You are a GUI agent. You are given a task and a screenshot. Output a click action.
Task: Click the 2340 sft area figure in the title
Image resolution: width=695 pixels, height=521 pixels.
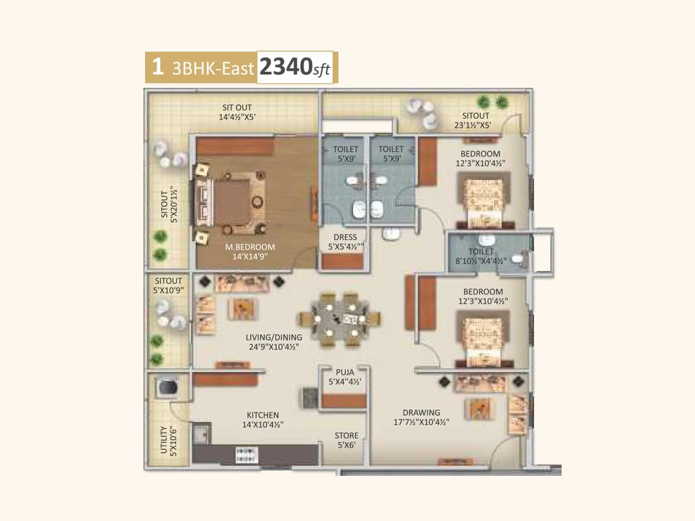pyautogui.click(x=295, y=67)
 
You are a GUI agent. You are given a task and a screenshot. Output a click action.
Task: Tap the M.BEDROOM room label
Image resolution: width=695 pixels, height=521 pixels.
pyautogui.click(x=250, y=247)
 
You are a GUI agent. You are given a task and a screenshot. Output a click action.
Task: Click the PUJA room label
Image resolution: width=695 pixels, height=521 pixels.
pyautogui.click(x=345, y=372)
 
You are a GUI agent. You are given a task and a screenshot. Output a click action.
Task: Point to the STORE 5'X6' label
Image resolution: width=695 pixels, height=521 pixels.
pyautogui.click(x=346, y=440)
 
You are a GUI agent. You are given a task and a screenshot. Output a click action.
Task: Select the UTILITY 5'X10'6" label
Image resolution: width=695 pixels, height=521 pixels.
pyautogui.click(x=169, y=440)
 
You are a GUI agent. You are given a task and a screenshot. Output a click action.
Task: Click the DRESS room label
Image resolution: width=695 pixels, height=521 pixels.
pyautogui.click(x=345, y=237)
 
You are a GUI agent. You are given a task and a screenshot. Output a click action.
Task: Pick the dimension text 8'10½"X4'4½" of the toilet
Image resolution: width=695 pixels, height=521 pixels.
pyautogui.click(x=481, y=261)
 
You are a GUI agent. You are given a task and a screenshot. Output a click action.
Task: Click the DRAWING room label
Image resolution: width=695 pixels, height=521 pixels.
pyautogui.click(x=421, y=412)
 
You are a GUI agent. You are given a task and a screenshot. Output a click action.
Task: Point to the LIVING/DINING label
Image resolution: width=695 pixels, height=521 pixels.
pyautogui.click(x=274, y=337)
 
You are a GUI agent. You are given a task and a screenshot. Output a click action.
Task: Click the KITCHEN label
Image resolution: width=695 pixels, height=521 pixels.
pyautogui.click(x=263, y=415)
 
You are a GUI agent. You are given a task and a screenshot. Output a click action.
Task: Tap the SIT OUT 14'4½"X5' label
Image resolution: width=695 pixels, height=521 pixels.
pyautogui.click(x=237, y=112)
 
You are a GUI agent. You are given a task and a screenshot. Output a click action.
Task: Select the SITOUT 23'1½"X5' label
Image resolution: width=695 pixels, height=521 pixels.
pyautogui.click(x=473, y=120)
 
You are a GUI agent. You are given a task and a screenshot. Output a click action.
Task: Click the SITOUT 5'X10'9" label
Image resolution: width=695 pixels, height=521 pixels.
pyautogui.click(x=169, y=285)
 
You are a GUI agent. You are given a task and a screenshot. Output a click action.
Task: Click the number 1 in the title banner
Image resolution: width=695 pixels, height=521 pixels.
pyautogui.click(x=157, y=67)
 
